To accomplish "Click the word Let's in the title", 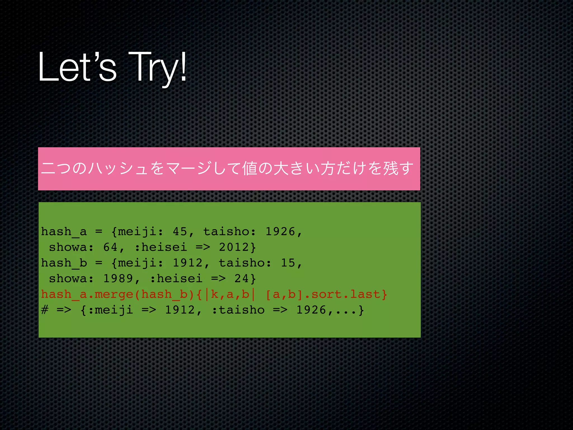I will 77,67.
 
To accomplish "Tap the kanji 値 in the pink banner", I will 250,168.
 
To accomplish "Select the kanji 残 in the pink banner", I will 391,168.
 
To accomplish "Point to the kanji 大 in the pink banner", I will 281,168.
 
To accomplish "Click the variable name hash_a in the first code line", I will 64,232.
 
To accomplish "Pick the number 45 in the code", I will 180,232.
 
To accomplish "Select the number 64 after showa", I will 110,247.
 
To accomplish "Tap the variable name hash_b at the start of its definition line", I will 64,263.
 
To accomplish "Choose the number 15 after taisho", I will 288,263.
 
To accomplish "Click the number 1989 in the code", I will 118,279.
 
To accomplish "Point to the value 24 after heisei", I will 241,279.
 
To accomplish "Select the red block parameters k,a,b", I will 230,294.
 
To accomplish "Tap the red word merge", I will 114,294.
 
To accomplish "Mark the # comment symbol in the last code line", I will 45,310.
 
